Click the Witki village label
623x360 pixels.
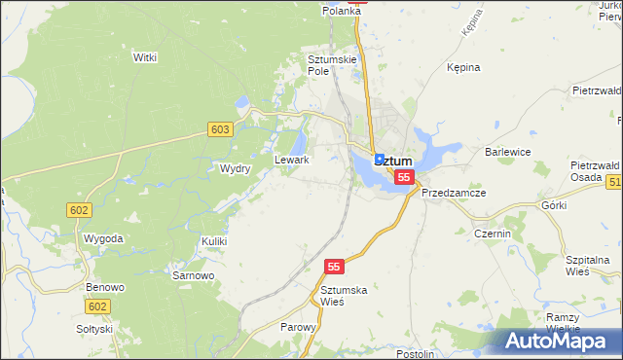[145, 57]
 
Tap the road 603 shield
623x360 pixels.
[219, 129]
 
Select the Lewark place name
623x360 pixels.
[292, 160]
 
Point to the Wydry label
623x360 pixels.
[236, 168]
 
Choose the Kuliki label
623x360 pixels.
[214, 240]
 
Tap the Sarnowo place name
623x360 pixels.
[193, 275]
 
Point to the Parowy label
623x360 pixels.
[298, 327]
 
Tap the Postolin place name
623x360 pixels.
[416, 354]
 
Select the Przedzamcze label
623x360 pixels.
[454, 193]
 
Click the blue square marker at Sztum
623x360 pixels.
[379, 158]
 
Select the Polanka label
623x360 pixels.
[343, 11]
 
